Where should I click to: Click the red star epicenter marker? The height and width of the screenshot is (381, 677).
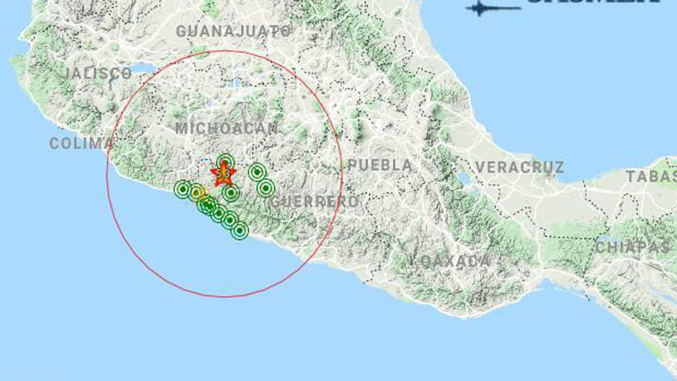pos(223,173)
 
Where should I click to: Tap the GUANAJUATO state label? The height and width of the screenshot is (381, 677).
pos(233,31)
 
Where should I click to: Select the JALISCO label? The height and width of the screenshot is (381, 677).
pos(99,73)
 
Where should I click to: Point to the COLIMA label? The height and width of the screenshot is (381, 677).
pos(81,143)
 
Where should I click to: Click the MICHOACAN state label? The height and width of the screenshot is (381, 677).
pos(227,129)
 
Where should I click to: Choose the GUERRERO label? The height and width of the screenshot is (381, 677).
pos(315,202)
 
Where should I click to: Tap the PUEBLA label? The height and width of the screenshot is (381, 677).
pos(380,165)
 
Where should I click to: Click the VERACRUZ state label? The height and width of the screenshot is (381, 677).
pos(519,167)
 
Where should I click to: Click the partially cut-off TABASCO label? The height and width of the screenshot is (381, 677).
pos(651,176)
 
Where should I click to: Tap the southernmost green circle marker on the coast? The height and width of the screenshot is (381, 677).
pos(239,230)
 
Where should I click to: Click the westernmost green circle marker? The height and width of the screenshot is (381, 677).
pos(183,189)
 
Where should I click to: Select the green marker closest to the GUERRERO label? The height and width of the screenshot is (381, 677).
pos(266,188)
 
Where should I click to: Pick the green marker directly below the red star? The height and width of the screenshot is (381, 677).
pos(231,192)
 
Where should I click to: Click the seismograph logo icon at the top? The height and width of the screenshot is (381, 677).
pos(493,8)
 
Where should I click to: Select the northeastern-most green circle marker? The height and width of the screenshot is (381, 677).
pos(257,171)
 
